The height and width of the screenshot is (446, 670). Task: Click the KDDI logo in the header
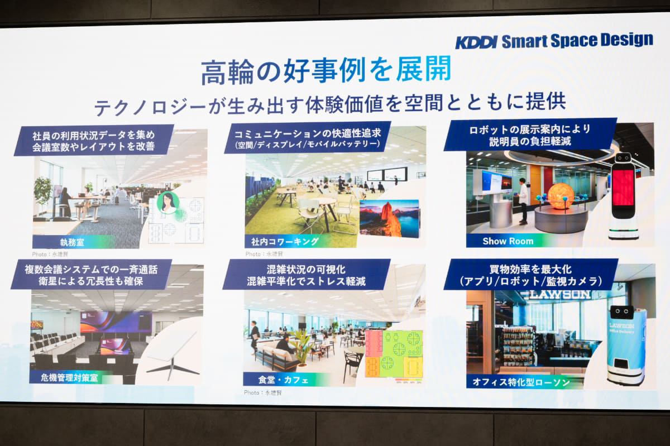point(476,42)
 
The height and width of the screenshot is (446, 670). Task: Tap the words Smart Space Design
point(577,41)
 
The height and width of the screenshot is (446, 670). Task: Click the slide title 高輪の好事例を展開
point(326,70)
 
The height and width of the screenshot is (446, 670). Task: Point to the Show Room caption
point(508,241)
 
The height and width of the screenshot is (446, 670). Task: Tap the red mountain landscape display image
point(389,219)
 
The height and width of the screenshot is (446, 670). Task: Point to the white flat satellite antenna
point(170,349)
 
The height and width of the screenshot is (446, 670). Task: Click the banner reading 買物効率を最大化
point(530,274)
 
